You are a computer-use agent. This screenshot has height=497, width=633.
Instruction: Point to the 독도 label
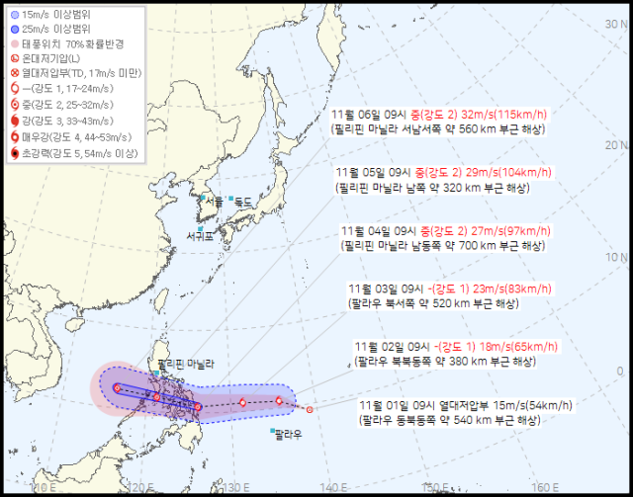[243, 201]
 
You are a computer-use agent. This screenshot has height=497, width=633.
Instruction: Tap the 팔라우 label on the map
[287, 433]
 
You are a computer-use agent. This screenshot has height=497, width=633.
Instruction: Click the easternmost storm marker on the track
[310, 409]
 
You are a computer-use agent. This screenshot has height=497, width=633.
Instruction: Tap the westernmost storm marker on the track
[117, 388]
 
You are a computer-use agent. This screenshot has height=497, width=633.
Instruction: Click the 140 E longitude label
[336, 487]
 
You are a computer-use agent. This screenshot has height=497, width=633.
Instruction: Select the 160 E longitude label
[539, 487]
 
